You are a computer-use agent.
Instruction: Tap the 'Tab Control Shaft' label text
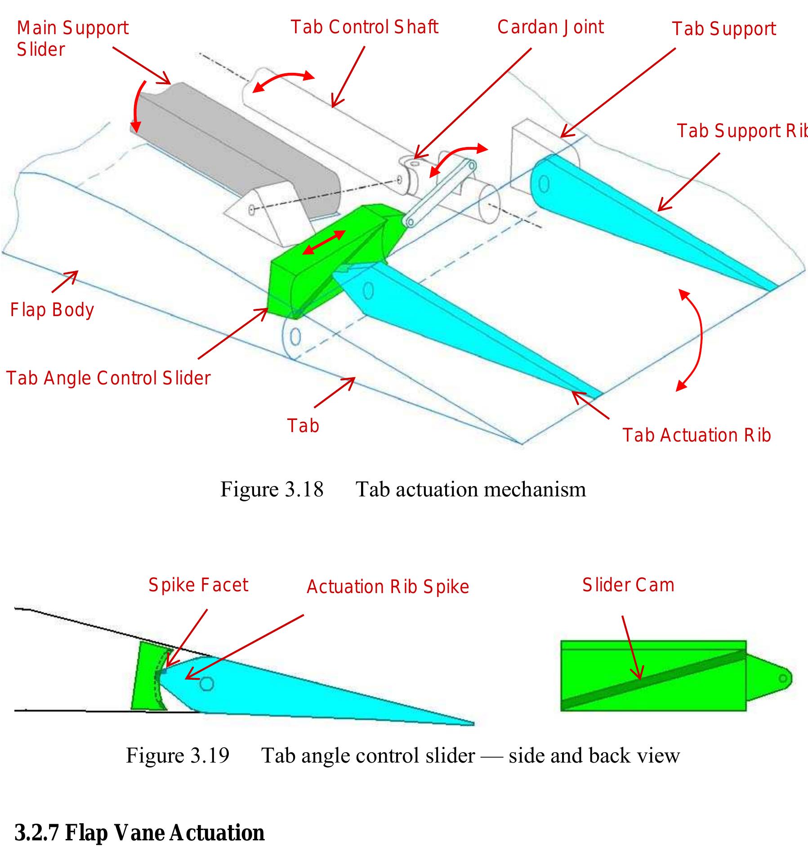click(x=364, y=27)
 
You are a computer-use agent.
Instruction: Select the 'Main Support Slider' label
click(x=72, y=39)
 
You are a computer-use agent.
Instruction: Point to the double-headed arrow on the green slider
click(x=324, y=242)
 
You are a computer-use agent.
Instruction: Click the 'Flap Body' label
click(x=52, y=310)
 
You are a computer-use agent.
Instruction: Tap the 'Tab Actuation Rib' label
click(x=696, y=435)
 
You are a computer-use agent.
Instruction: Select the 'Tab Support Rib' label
click(x=742, y=131)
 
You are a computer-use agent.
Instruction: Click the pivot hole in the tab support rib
click(x=544, y=184)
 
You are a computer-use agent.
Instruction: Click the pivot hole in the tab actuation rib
click(x=368, y=291)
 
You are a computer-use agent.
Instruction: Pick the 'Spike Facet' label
click(x=198, y=585)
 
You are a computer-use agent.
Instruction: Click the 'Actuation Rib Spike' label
click(x=388, y=587)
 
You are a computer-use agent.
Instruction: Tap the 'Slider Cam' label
click(x=628, y=585)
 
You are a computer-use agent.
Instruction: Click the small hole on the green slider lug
click(x=783, y=678)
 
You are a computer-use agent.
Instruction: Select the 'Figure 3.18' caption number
click(x=272, y=489)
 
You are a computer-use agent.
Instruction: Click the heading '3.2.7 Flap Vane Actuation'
click(x=139, y=832)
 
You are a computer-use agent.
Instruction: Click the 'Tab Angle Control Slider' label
click(x=108, y=378)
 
